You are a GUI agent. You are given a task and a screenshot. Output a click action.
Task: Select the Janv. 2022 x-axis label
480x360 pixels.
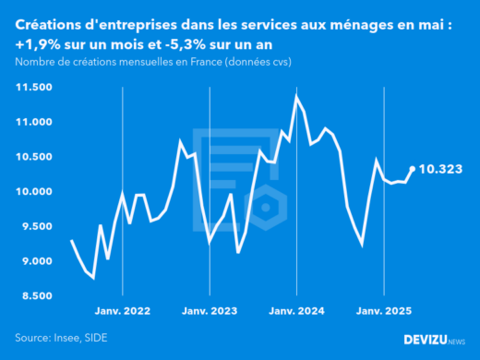pyautogui.click(x=123, y=312)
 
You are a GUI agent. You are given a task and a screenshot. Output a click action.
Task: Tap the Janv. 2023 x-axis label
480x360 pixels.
pyautogui.click(x=210, y=312)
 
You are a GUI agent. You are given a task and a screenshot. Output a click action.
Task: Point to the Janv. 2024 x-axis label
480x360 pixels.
pyautogui.click(x=296, y=312)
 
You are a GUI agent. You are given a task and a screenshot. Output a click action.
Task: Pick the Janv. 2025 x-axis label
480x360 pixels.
pyautogui.click(x=383, y=312)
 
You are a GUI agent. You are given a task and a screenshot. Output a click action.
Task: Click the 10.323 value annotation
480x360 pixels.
pyautogui.click(x=440, y=170)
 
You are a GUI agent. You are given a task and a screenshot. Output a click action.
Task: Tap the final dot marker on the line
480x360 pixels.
pyautogui.click(x=412, y=169)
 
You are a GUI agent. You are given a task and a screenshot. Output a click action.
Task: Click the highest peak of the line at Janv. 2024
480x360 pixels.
pyautogui.click(x=296, y=96)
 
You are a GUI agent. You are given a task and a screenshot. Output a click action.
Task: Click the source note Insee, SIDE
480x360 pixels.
pyautogui.click(x=80, y=337)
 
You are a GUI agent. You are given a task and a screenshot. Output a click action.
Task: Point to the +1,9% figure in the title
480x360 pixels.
pyautogui.click(x=37, y=44)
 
